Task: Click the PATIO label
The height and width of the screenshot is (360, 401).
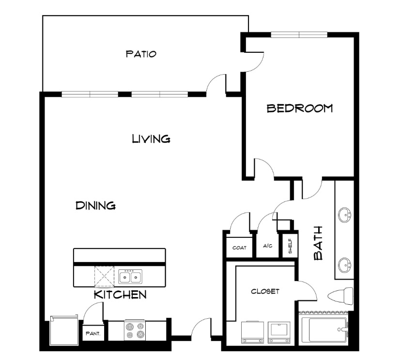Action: (141, 54)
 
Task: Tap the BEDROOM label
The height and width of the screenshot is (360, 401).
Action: (300, 108)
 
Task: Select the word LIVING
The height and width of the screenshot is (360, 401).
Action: (151, 139)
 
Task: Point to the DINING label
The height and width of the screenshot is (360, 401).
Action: (95, 205)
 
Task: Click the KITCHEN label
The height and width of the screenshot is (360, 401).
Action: (120, 295)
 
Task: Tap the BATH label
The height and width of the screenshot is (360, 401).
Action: (318, 243)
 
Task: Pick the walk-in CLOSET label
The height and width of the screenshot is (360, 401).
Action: (265, 291)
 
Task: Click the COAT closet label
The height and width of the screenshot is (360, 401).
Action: (239, 248)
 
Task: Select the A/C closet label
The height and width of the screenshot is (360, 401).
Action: (267, 246)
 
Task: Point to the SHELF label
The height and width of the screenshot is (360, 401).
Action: (290, 246)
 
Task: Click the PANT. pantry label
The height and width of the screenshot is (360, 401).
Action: (93, 333)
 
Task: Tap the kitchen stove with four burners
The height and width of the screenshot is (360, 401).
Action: (135, 330)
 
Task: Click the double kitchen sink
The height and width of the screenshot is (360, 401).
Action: (130, 276)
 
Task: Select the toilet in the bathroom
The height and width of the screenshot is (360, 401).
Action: (340, 297)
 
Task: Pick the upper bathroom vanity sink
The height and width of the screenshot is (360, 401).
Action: (344, 215)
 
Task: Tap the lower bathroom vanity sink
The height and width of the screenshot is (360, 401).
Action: (344, 265)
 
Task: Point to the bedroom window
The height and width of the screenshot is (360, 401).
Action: (299, 34)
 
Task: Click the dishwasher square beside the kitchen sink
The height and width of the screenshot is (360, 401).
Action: (104, 277)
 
